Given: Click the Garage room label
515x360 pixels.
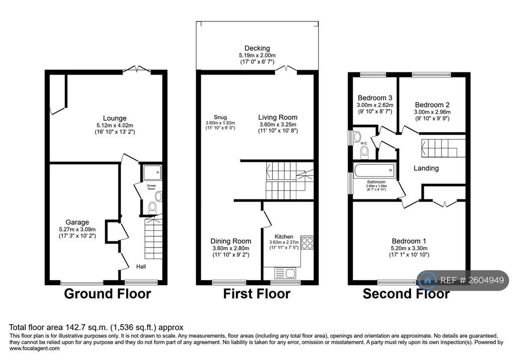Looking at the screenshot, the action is coord(77,222).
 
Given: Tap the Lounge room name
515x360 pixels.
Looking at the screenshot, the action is coord(115,118).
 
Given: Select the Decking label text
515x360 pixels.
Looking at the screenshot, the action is coord(257,48).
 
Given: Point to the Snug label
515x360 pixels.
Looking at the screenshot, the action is coord(220,117).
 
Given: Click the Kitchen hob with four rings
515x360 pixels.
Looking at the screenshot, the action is coord(307,243).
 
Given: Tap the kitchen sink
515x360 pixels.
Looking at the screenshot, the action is coord(285,273).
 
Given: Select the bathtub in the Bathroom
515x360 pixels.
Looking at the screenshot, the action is coord(375,170).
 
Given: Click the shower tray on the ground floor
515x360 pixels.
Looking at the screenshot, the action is coord(152,172).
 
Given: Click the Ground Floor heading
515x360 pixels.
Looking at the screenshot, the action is coord(108,294).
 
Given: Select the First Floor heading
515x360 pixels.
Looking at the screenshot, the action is coord(257,294).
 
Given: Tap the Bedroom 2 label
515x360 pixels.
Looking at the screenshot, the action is coord(432,105).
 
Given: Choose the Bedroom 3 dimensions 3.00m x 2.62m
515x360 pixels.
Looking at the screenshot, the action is coord(375,105).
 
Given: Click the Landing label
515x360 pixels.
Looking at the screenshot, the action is coord(426,168).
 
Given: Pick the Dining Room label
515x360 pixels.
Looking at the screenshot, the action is coord(231,241).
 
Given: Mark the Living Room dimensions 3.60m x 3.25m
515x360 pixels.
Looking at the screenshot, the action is coord(278,125).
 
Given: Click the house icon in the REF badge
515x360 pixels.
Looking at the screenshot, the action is coord(427,280).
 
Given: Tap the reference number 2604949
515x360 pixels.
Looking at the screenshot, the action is coord(486,280).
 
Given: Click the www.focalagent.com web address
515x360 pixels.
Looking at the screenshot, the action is coord(35,348).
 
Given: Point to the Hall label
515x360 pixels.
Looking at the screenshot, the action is coord(141,266).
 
